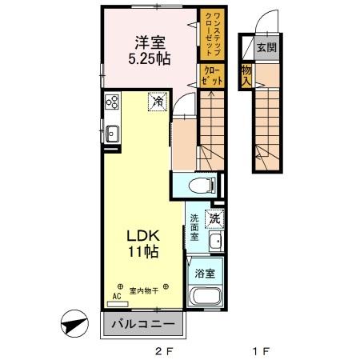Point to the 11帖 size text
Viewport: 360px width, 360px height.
tap(142, 252)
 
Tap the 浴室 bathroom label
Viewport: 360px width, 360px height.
tap(205, 273)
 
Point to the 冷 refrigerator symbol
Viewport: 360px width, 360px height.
tap(158, 102)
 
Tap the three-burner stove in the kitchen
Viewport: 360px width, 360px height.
tap(112, 102)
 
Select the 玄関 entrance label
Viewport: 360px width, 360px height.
tap(266, 48)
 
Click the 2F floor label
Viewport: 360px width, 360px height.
tap(163, 350)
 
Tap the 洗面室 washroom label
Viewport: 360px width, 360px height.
tap(195, 228)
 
